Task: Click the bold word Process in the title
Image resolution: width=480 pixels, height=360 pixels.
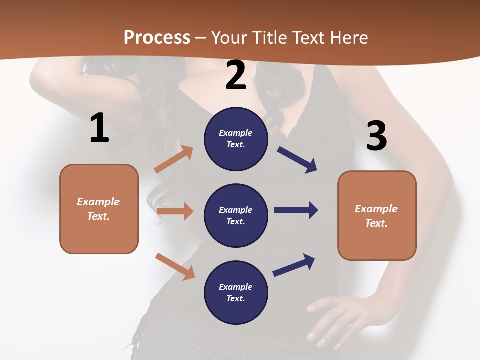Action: click(157, 38)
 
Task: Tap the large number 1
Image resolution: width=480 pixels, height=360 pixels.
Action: click(99, 128)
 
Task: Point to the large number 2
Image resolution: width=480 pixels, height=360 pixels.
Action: click(236, 75)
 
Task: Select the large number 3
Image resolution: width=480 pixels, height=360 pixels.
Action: click(376, 136)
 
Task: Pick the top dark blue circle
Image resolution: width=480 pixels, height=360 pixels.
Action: click(236, 139)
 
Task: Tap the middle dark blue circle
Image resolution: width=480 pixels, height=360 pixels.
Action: click(236, 215)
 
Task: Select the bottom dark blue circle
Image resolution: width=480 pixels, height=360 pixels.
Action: click(236, 292)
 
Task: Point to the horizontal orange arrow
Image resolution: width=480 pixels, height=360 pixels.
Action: click(175, 211)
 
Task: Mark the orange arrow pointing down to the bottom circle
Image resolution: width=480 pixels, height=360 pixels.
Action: click(175, 266)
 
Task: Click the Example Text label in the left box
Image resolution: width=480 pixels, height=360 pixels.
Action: click(98, 209)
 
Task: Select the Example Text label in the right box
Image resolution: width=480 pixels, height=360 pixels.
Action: click(376, 216)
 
